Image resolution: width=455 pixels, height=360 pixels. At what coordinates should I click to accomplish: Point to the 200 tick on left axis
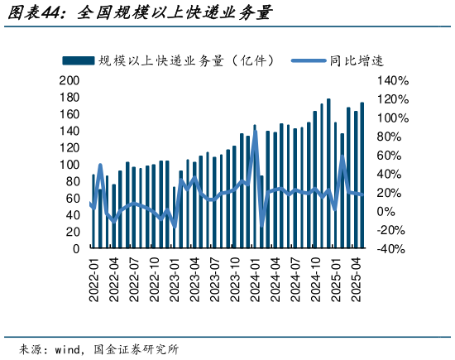pyautogui.click(x=69, y=80)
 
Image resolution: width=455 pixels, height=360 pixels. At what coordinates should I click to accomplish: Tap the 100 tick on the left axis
pyautogui.click(x=69, y=165)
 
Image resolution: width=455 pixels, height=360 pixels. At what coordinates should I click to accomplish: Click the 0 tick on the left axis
pyautogui.click(x=75, y=248)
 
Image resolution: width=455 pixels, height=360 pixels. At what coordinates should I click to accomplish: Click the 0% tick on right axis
pyautogui.click(x=388, y=211)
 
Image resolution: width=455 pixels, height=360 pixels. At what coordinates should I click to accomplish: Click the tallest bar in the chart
pyautogui.click(x=328, y=174)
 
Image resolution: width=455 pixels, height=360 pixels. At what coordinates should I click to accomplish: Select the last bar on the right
pyautogui.click(x=362, y=175)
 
